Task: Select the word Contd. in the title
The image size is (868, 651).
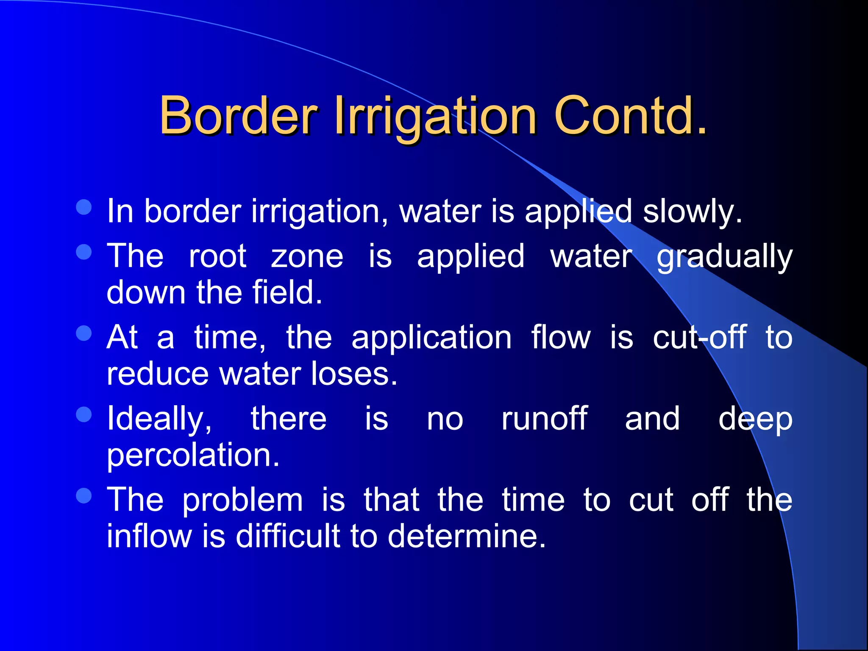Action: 631,115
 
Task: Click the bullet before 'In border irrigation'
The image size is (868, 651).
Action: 84,207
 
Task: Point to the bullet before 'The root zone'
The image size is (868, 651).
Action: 84,252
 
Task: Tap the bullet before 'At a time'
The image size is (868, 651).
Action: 84,333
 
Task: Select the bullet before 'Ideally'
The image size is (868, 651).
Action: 84,415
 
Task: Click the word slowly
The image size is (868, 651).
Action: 693,211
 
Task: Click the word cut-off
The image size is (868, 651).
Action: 699,338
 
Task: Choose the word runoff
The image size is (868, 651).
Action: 544,419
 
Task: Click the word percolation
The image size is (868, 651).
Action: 193,456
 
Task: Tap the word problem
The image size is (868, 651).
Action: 242,500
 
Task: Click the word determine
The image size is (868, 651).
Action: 466,536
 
